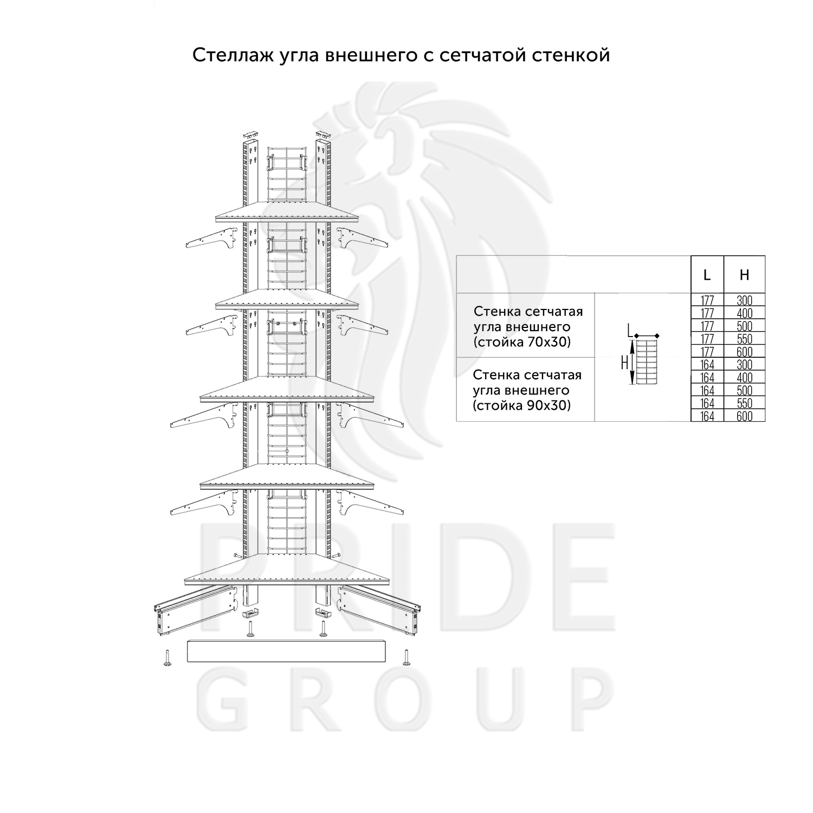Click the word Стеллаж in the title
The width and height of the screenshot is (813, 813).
tap(228, 55)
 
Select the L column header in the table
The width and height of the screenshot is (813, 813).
tap(707, 275)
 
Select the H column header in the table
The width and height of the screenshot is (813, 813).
tap(744, 275)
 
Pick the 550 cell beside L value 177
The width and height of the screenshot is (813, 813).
tap(745, 339)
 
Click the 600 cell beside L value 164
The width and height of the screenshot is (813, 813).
tap(745, 416)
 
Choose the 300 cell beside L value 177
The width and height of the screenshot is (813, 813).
tap(745, 300)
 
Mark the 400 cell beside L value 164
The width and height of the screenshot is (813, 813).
tap(745, 378)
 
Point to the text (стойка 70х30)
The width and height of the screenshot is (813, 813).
tap(522, 343)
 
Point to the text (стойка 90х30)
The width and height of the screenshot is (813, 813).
tap(522, 405)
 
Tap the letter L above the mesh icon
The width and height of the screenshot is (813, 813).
tap(629, 329)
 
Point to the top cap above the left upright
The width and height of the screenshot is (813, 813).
tap(250, 134)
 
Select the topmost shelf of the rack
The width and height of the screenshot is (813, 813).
tap(287, 212)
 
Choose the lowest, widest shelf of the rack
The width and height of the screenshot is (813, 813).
tap(287, 572)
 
